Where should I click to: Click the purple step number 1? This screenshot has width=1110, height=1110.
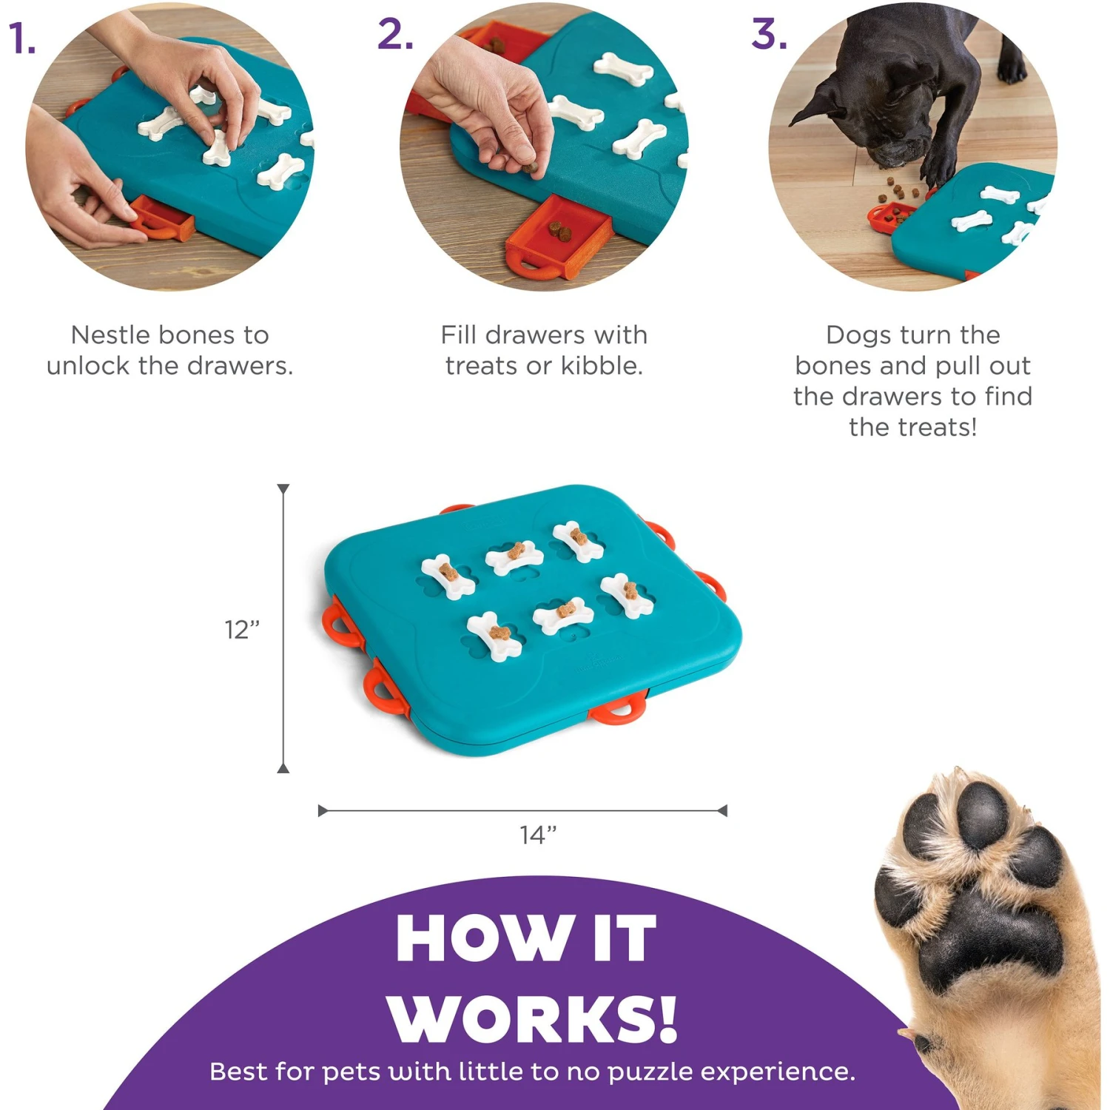(21, 38)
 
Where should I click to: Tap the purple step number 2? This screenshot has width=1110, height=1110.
(395, 35)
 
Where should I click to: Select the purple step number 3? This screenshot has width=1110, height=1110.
(769, 35)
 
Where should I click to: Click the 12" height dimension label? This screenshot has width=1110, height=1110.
(242, 630)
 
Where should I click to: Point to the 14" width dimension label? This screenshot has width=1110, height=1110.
(538, 835)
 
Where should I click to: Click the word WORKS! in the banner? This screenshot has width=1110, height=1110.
(532, 1019)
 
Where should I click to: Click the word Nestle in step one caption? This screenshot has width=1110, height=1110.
(111, 335)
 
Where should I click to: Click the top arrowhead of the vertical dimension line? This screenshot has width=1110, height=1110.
(283, 489)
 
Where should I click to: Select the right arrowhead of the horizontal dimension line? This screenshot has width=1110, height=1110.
(722, 811)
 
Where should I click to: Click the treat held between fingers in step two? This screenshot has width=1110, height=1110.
(530, 168)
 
